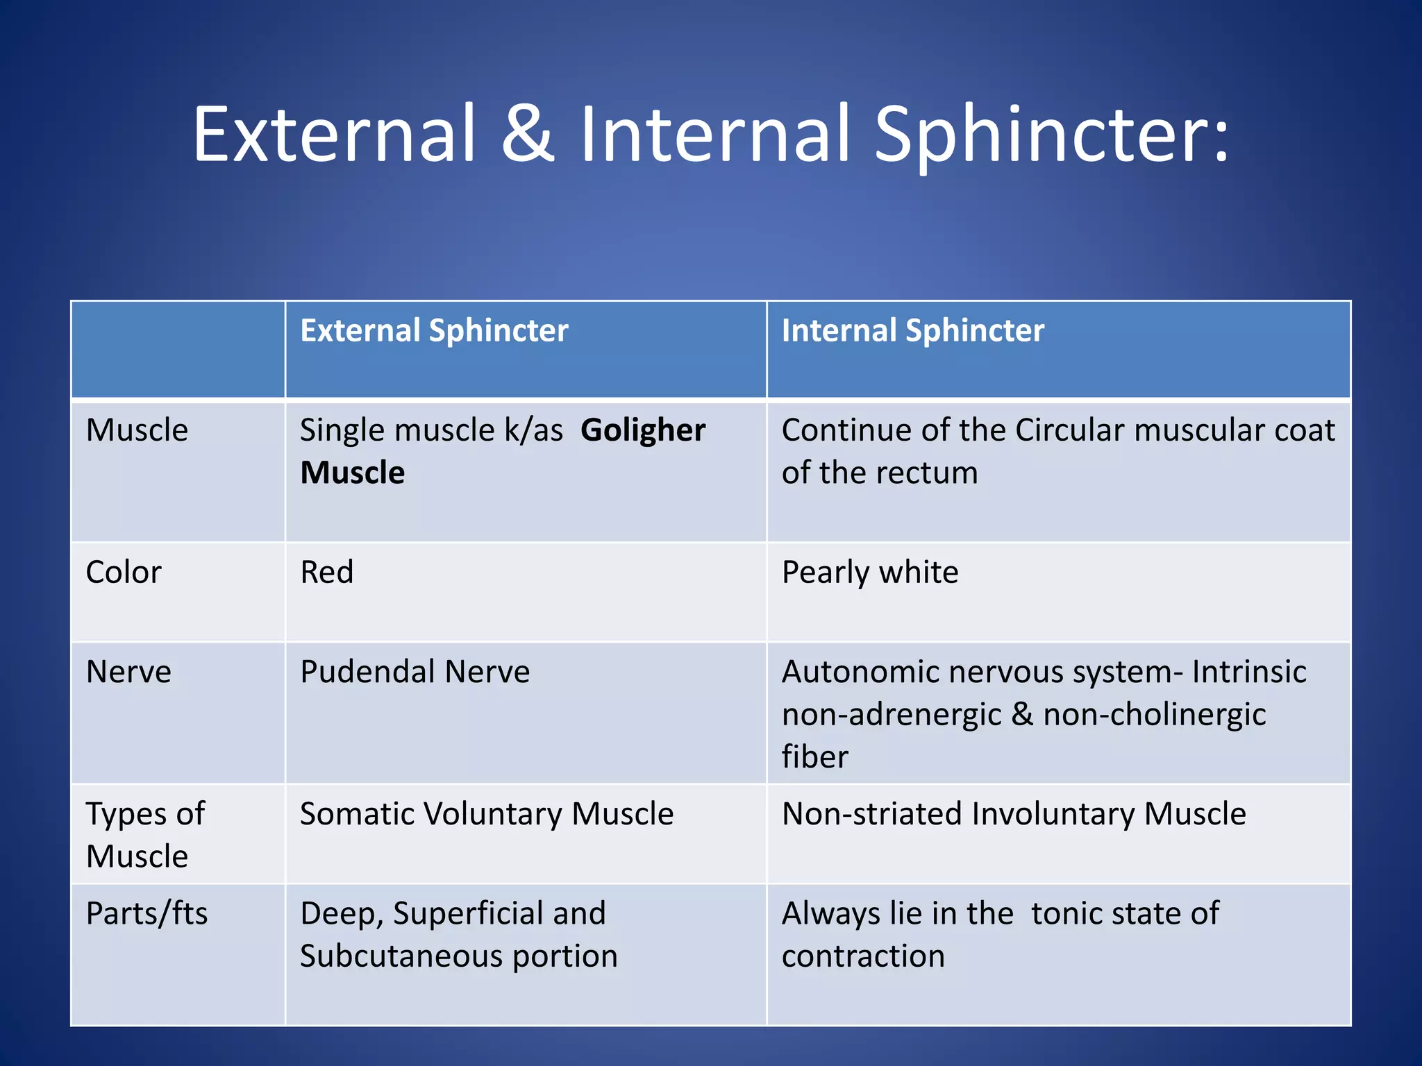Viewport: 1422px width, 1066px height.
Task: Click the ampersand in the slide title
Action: [528, 134]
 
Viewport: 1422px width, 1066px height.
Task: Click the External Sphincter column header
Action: [434, 330]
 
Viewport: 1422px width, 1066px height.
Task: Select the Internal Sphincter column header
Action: [912, 330]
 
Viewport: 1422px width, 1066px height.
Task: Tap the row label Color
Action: [124, 573]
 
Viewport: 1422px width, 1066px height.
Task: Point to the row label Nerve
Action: [128, 672]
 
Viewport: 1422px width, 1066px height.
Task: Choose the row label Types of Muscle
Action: [145, 834]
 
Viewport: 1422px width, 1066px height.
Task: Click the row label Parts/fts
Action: [147, 913]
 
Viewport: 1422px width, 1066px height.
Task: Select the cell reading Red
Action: [326, 573]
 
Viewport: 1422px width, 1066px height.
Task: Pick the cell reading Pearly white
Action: [869, 573]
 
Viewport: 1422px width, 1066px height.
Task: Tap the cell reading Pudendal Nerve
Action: [415, 672]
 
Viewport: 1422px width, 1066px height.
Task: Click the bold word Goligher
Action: [643, 430]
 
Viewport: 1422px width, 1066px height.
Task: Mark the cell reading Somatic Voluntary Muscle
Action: [486, 814]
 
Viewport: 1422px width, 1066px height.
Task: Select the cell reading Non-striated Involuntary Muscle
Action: [1013, 814]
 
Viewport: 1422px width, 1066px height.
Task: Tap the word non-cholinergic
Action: [1154, 715]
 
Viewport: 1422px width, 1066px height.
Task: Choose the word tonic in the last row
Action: [1066, 913]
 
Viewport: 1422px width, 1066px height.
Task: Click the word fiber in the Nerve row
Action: [814, 757]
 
